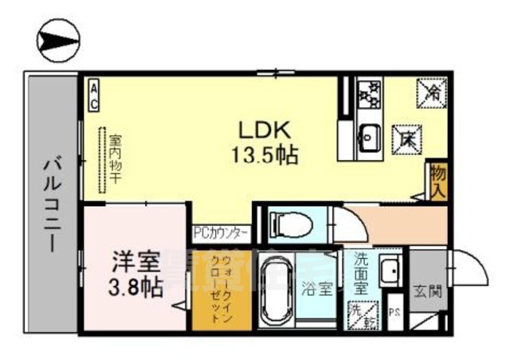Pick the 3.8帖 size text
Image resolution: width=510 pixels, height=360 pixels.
(135, 286)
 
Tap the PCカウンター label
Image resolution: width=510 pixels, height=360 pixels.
(221, 233)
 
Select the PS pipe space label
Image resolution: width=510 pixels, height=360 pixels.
(394, 312)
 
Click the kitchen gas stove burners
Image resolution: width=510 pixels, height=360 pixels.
(368, 95)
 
